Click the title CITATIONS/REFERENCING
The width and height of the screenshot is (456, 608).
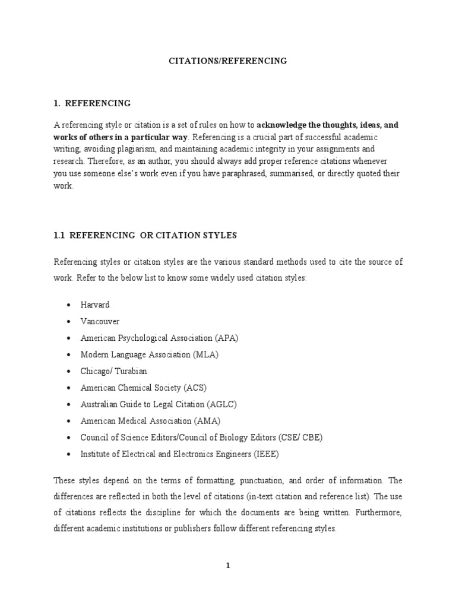tap(228, 61)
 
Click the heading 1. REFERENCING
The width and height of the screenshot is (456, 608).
tap(92, 103)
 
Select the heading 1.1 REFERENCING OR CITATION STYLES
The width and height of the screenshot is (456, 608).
tap(145, 235)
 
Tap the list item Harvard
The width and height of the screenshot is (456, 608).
tap(95, 305)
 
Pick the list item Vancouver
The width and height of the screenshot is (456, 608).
tap(100, 321)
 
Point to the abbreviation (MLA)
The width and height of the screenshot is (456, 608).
tap(206, 354)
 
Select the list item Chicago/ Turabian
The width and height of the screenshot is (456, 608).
tap(113, 371)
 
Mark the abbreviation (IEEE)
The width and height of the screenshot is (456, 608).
tap(265, 454)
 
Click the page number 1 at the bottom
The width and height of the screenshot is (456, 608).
tap(227, 566)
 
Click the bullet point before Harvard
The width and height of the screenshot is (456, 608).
tap(69, 305)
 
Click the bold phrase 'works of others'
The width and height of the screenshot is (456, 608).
tap(83, 136)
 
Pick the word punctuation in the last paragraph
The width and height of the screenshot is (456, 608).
tap(245, 480)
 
